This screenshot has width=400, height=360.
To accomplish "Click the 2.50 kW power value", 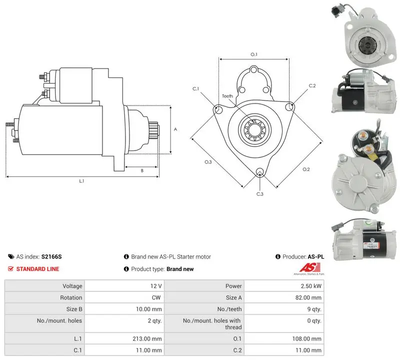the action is [x=310, y=286].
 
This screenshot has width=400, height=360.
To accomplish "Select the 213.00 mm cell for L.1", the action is [x=147, y=338].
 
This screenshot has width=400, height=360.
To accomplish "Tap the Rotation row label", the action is [x=71, y=297].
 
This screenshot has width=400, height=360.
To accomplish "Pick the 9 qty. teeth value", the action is [x=314, y=309].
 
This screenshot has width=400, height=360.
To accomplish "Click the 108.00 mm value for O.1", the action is [x=306, y=338].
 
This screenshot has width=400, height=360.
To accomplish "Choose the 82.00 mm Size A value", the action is [x=308, y=297].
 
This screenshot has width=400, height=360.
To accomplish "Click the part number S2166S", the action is [x=51, y=256].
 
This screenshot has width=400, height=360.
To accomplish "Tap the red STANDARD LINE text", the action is [x=37, y=269].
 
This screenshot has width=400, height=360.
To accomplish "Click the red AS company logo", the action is [x=309, y=267].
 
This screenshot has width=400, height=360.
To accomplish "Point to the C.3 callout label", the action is [x=259, y=194].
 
